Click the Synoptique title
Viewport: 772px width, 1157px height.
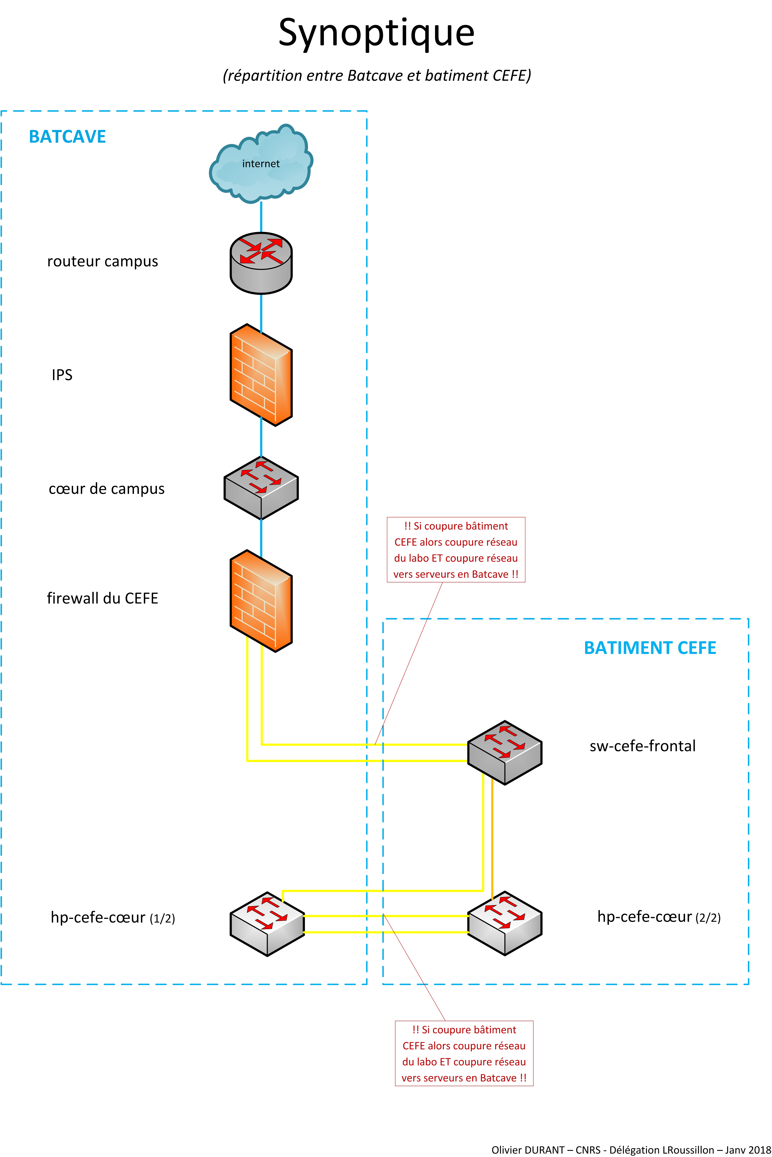[377, 33]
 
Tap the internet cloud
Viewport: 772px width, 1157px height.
[261, 163]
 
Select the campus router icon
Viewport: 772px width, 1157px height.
[261, 263]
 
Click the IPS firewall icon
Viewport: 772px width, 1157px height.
[261, 375]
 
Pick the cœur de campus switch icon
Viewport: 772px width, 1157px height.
[261, 487]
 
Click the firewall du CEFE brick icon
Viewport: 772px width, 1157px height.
[261, 601]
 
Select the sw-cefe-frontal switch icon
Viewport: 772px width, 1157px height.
[505, 752]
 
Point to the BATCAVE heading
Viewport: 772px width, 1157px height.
[67, 136]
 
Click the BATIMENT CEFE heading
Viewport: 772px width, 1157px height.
[650, 648]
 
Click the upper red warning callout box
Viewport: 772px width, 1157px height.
[456, 550]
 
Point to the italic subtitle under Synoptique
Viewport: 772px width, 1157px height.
[377, 75]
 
